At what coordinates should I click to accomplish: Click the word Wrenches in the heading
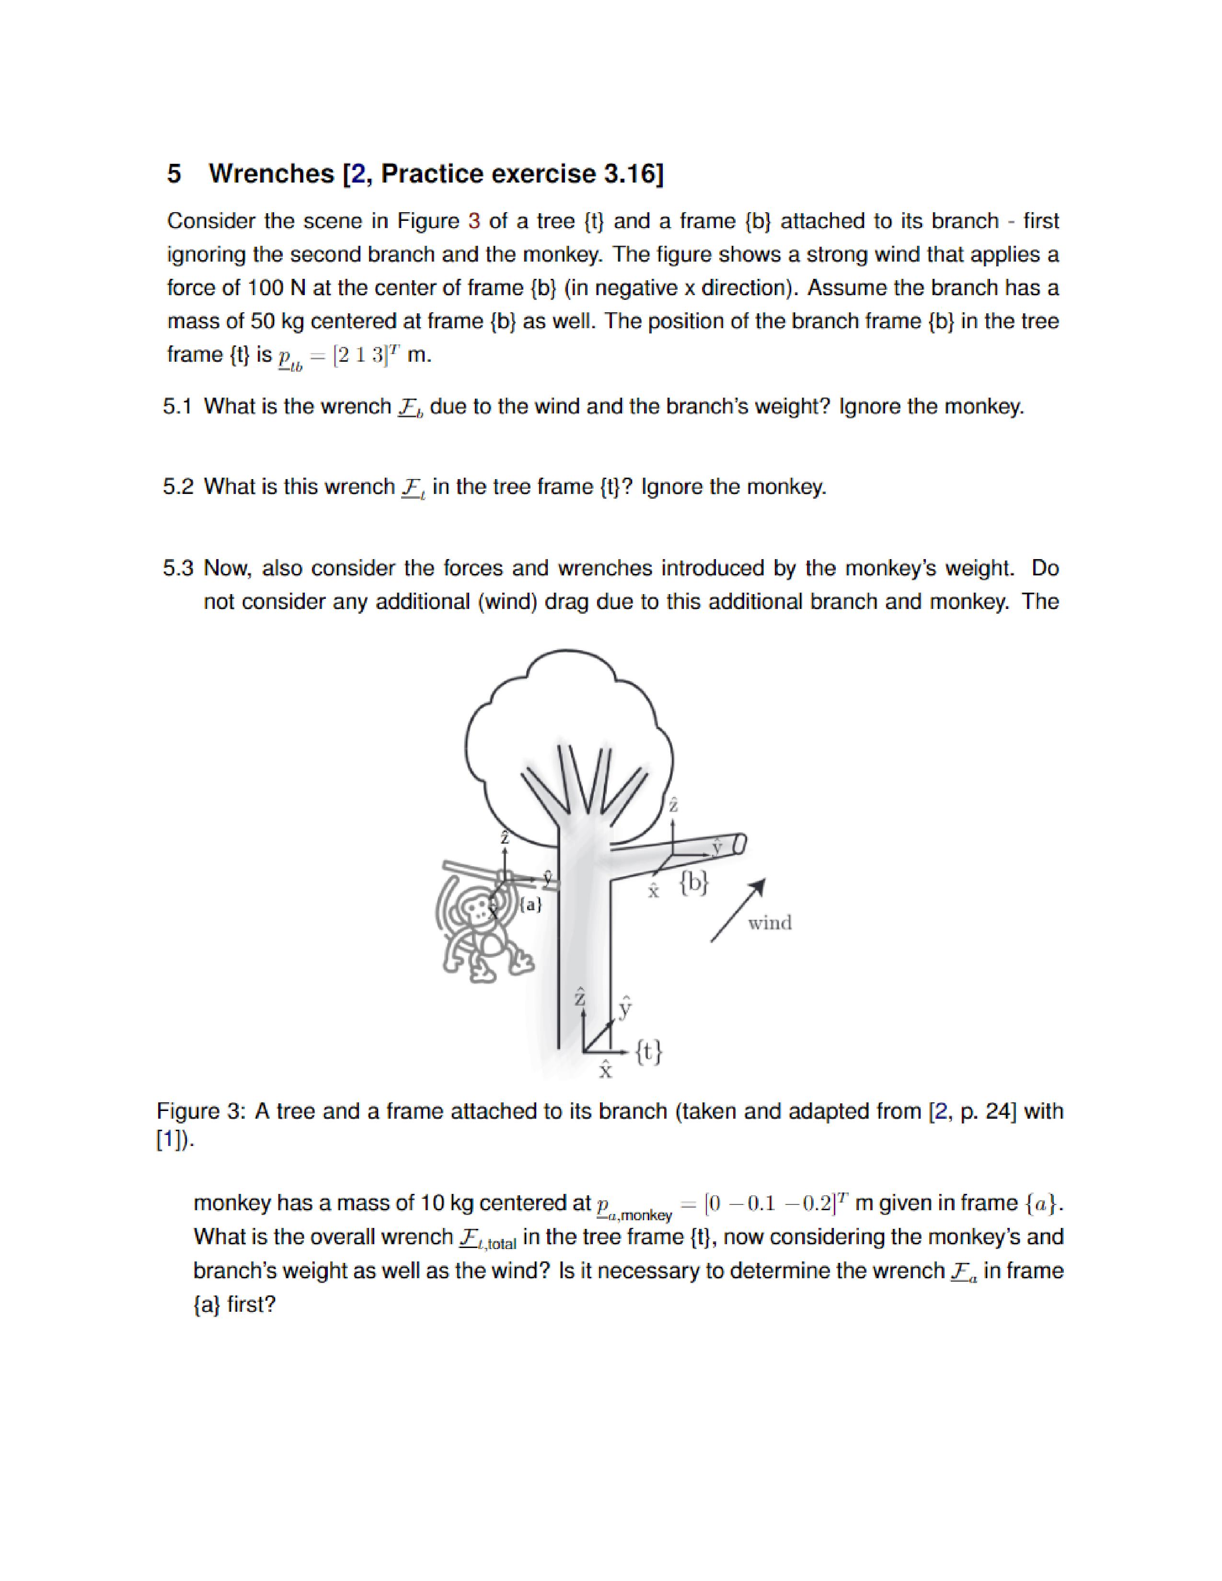coord(271,174)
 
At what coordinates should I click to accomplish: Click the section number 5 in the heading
coord(174,174)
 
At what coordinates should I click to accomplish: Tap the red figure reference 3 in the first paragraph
coord(474,221)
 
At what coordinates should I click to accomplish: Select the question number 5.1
coord(177,407)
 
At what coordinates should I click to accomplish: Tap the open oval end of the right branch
coord(739,843)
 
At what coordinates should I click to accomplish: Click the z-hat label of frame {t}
coord(579,997)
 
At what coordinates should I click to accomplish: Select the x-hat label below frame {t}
coord(605,1070)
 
